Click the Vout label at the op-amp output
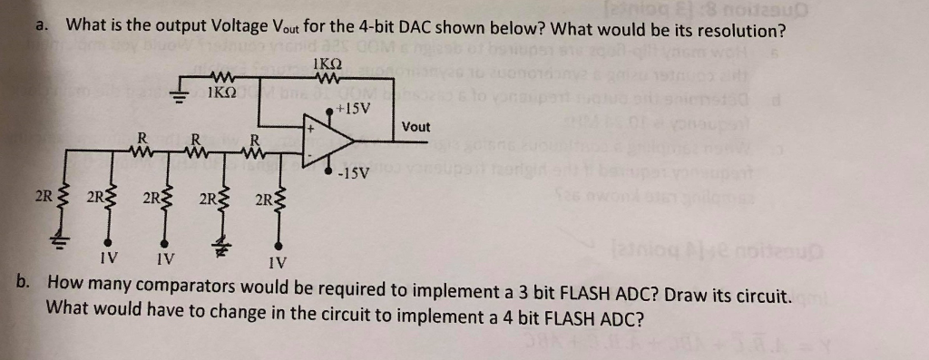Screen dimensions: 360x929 (416, 127)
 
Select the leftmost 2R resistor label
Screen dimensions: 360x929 (41, 195)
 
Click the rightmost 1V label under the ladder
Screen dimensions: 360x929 (278, 265)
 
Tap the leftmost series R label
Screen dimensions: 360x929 (142, 137)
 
